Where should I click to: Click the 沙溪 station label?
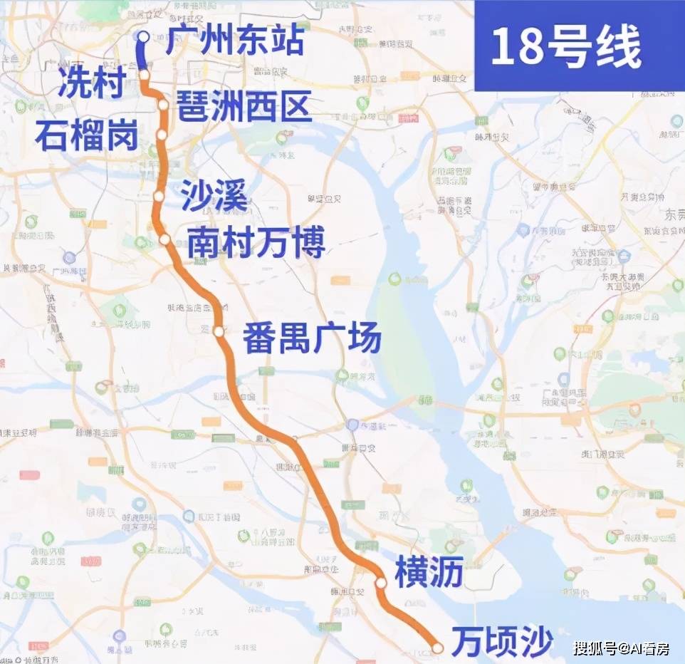[214, 195]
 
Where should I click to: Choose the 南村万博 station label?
[256, 242]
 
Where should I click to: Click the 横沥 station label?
[429, 574]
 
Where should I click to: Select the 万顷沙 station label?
[503, 643]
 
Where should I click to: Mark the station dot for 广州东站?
[143, 37]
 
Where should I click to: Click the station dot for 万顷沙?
[438, 648]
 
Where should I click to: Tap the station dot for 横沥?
[381, 583]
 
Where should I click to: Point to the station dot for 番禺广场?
[219, 331]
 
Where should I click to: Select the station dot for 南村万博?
[164, 239]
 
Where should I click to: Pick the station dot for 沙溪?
[159, 196]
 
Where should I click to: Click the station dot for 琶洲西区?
[163, 105]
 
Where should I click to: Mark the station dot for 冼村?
[144, 75]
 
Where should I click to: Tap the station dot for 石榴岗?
[162, 134]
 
